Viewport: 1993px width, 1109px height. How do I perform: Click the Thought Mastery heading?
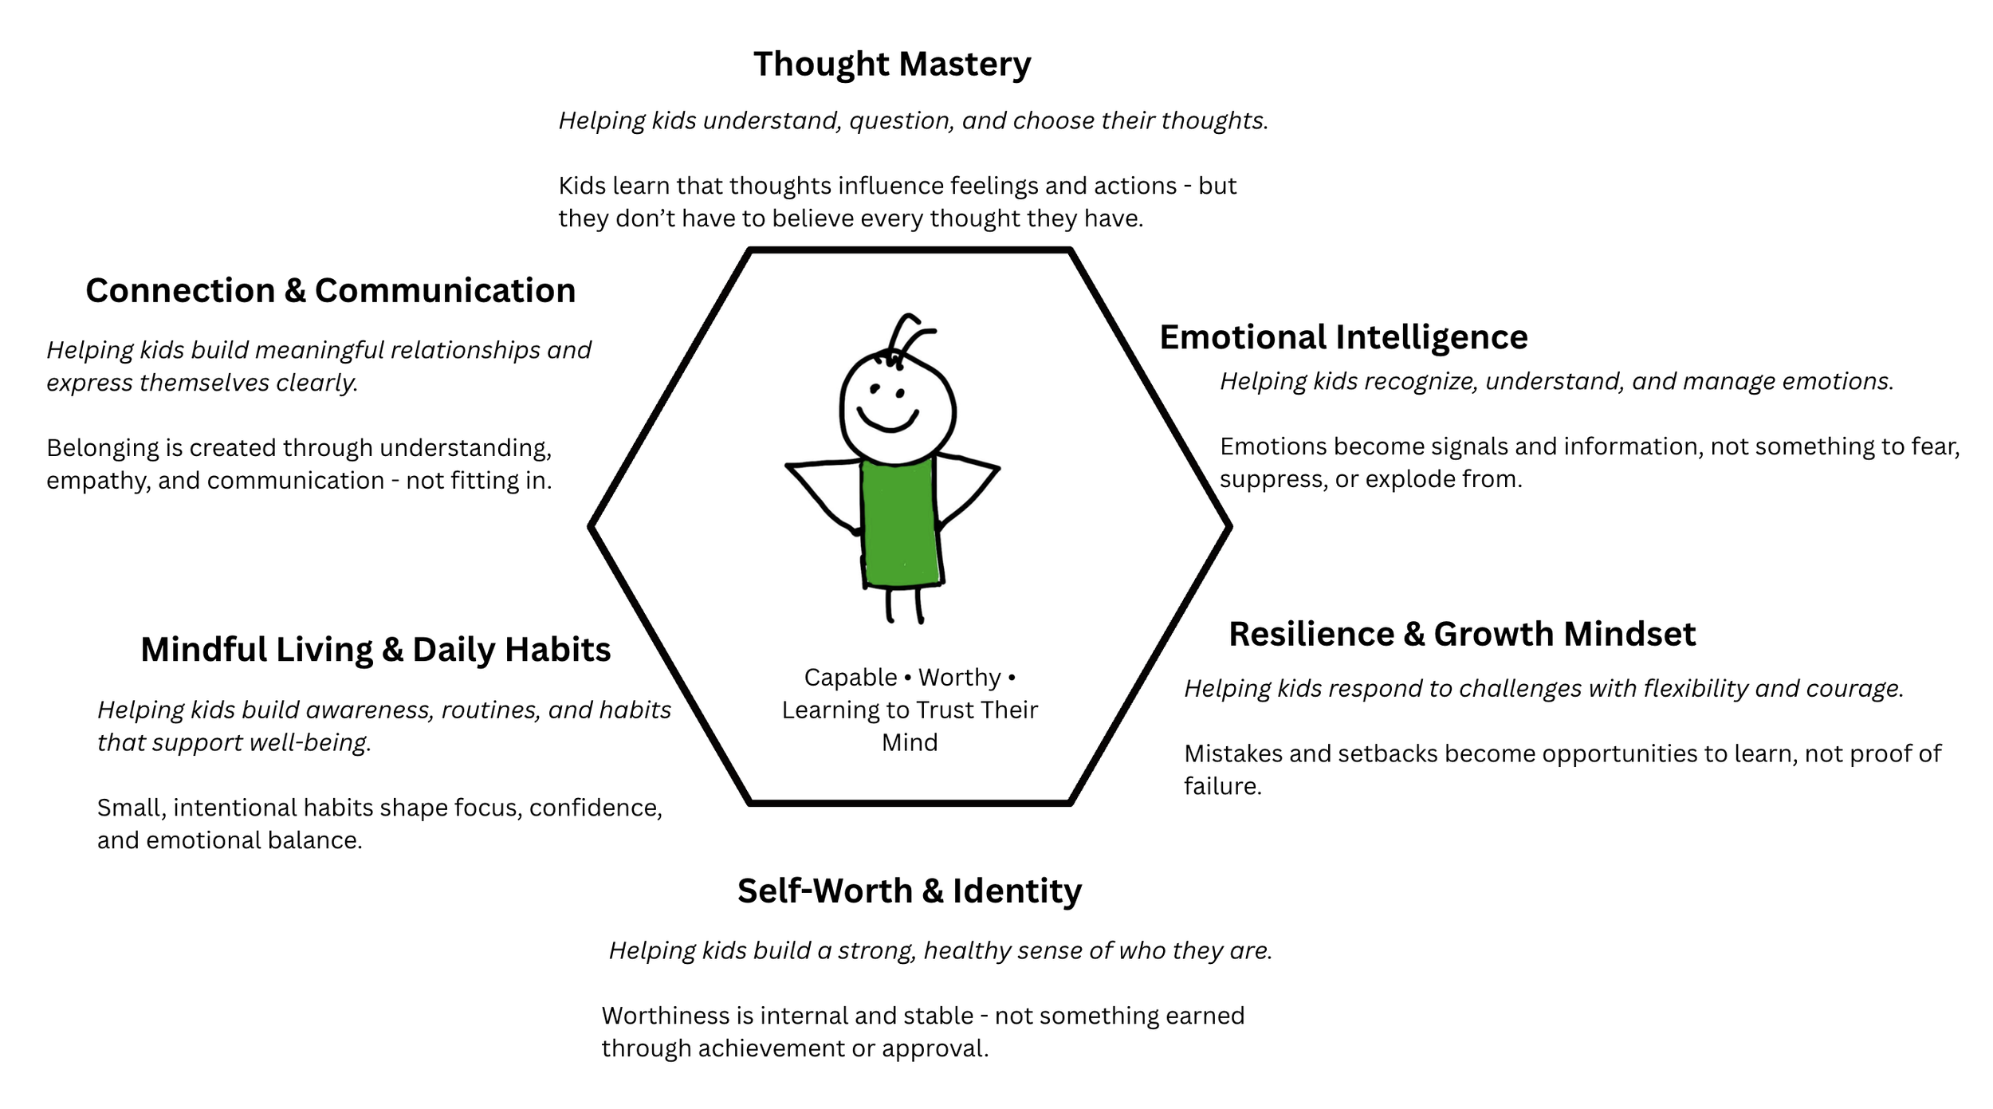pos(892,64)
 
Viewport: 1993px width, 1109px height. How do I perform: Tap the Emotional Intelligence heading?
pos(1343,337)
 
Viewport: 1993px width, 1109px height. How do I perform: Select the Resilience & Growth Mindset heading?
pos(1462,635)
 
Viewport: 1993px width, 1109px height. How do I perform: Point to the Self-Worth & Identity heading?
pos(909,891)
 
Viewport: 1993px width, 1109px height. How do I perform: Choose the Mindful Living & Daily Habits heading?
pos(375,650)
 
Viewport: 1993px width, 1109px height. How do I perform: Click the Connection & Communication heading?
pos(330,291)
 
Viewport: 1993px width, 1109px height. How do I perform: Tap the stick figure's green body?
pos(900,522)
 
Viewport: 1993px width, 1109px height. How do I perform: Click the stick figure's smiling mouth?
pos(888,420)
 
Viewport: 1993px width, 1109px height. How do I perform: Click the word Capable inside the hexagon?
pos(850,678)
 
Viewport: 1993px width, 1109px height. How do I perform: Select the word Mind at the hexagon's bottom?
pos(910,743)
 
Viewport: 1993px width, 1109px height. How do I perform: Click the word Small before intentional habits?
pos(131,808)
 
